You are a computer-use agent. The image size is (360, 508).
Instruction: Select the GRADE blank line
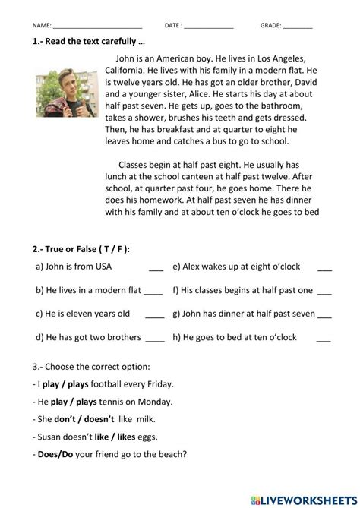point(297,25)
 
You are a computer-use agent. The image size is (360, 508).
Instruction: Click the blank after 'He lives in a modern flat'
point(153,292)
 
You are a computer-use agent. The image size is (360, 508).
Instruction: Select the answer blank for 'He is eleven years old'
point(154,315)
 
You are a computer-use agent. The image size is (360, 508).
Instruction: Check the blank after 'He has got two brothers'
point(154,339)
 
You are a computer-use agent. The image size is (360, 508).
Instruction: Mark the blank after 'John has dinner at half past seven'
point(324,315)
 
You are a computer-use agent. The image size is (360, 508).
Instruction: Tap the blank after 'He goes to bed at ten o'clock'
point(324,339)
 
